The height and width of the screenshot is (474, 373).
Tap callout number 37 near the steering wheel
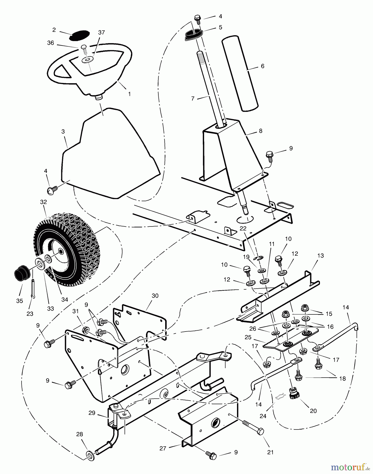click(101, 32)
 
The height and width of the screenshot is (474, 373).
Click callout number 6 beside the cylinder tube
click(262, 66)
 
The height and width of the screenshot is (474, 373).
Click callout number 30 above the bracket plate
click(155, 296)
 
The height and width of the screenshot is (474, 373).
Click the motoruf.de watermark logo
click(349, 467)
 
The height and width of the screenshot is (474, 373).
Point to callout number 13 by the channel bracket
click(320, 256)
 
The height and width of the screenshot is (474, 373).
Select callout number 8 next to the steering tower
click(260, 131)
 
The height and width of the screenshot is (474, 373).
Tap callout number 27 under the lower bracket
click(163, 448)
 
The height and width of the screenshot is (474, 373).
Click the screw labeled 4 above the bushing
click(197, 18)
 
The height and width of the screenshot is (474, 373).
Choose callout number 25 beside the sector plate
click(248, 337)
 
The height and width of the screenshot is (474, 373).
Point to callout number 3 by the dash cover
click(63, 132)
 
